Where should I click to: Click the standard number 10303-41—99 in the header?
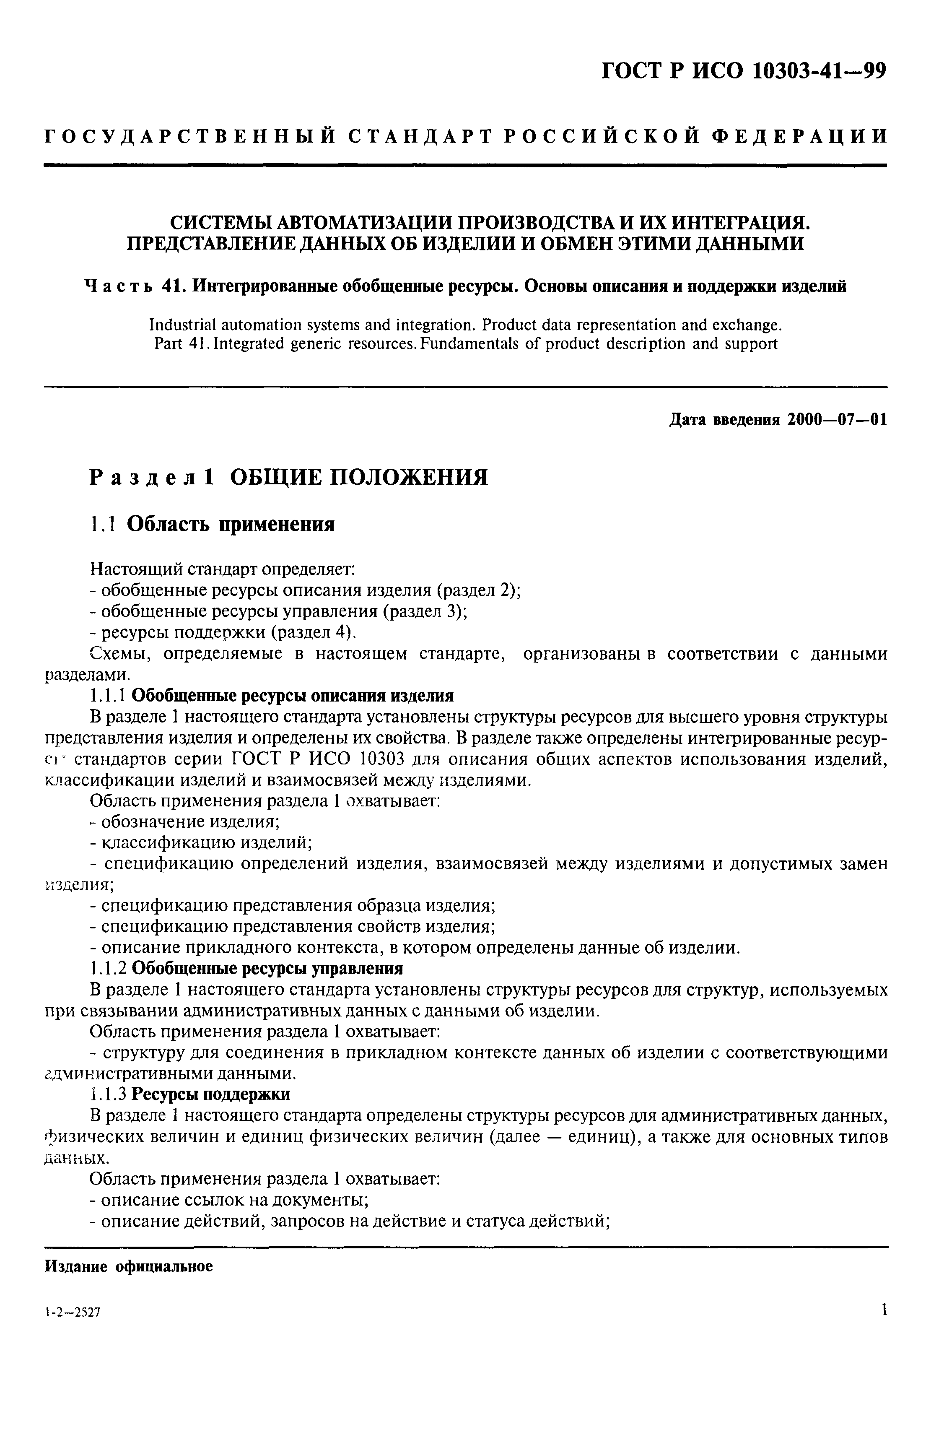(x=819, y=72)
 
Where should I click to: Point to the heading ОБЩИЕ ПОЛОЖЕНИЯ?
(x=359, y=477)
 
